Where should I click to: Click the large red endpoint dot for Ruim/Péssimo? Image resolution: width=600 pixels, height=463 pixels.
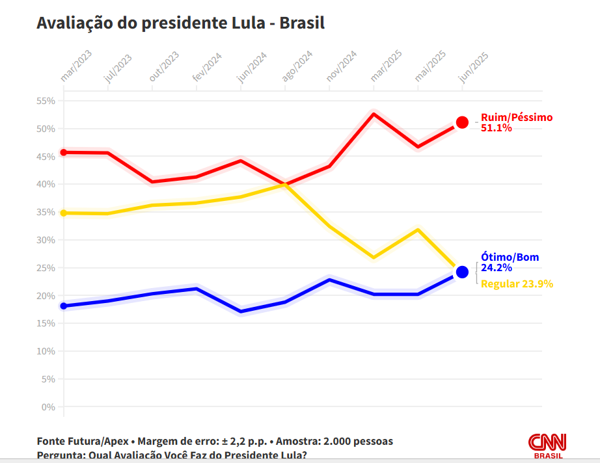click(x=462, y=122)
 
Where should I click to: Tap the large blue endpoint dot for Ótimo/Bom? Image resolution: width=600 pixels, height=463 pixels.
click(x=462, y=272)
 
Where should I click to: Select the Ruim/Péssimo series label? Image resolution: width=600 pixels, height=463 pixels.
click(x=517, y=118)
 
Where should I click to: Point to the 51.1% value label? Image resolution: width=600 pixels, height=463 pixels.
click(x=497, y=128)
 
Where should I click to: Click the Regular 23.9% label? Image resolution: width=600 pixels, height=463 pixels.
click(x=517, y=284)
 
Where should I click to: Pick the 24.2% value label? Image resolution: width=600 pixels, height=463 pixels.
click(x=497, y=267)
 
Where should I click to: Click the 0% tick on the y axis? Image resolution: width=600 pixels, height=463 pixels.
click(x=48, y=407)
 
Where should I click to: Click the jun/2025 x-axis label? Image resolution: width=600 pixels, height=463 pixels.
click(x=474, y=67)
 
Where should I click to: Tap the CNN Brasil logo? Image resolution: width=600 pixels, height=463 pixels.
click(x=547, y=445)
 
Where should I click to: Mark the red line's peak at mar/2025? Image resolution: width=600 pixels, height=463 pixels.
click(x=374, y=114)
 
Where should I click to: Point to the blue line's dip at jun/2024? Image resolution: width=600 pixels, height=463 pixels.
click(x=241, y=311)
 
